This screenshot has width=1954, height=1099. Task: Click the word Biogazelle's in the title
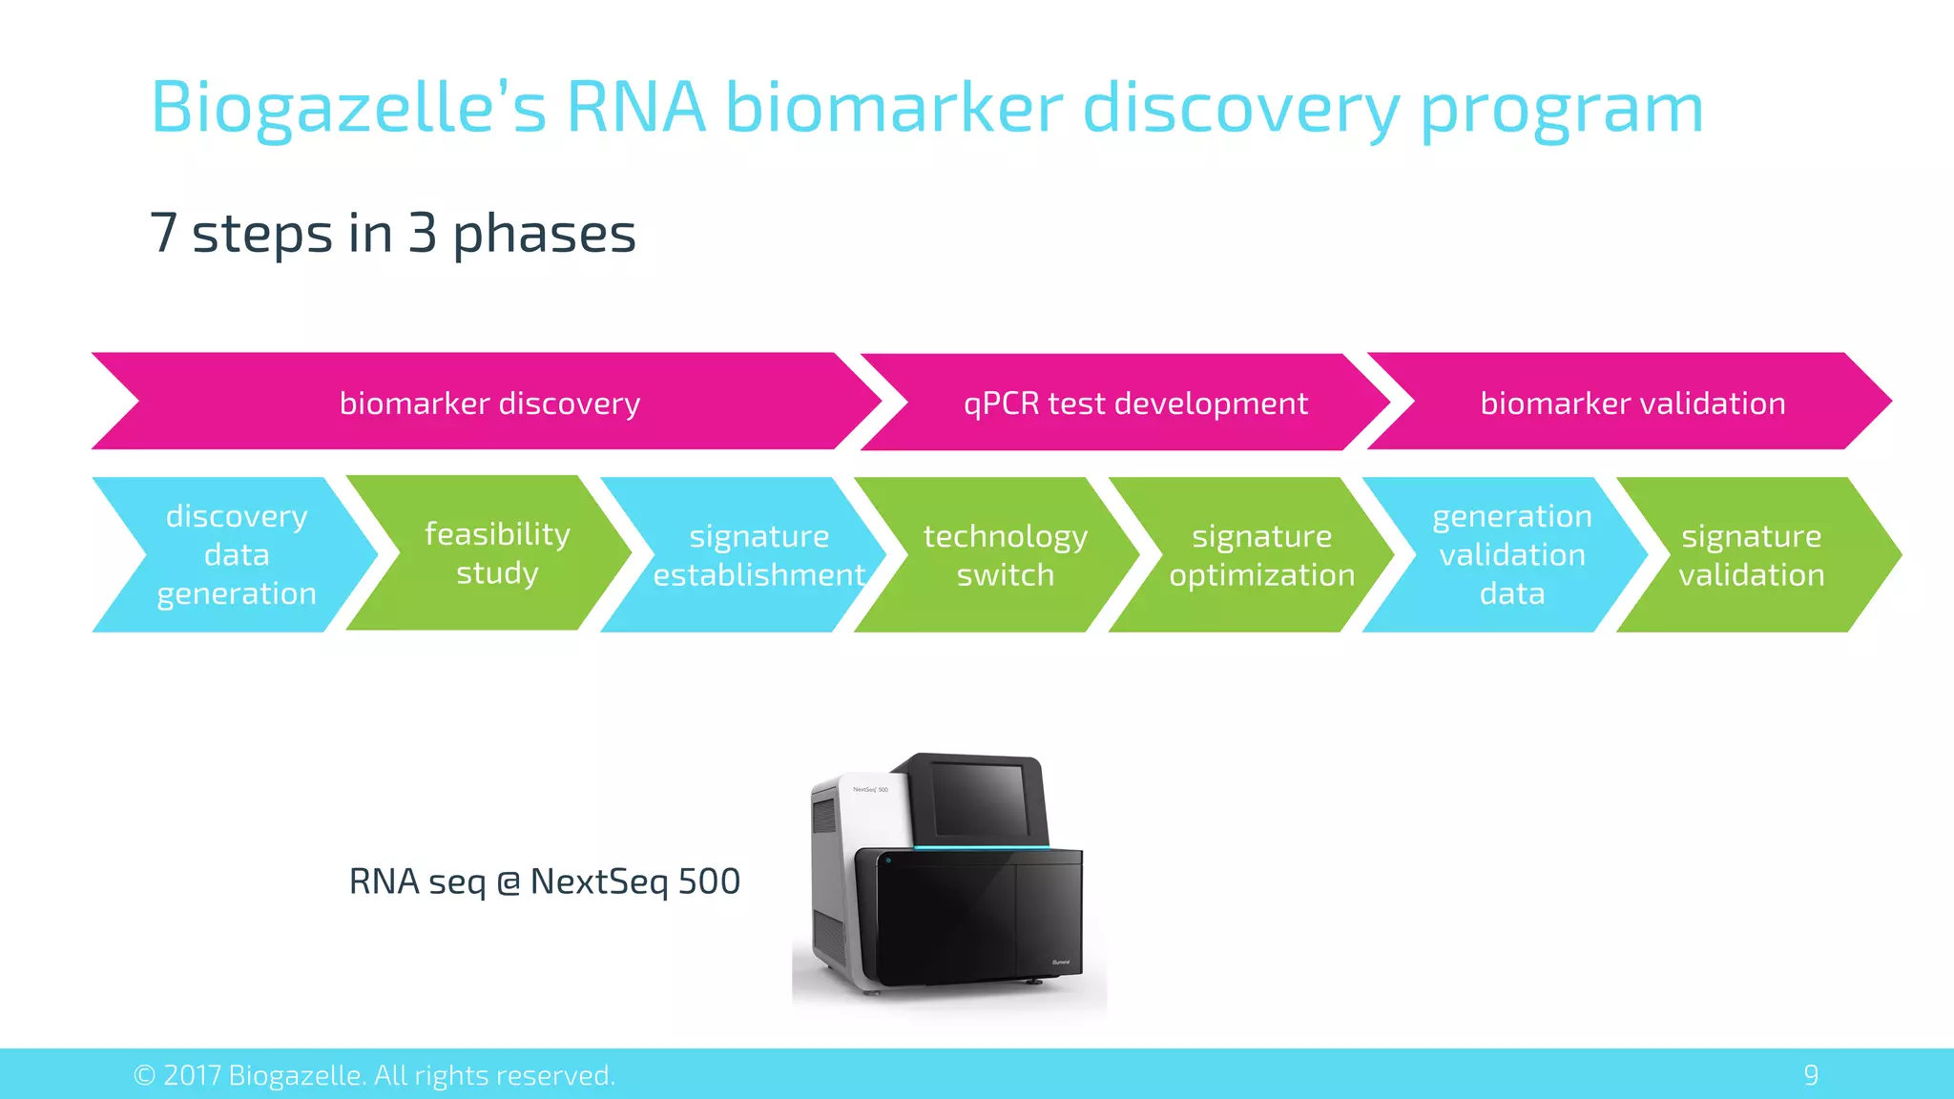(x=348, y=107)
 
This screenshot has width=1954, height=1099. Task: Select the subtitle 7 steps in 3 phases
(x=392, y=234)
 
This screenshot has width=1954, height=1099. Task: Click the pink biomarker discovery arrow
(x=488, y=403)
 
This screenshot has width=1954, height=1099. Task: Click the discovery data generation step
(x=236, y=555)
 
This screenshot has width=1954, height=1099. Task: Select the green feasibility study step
(x=496, y=553)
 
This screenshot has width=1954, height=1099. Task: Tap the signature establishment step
(x=759, y=555)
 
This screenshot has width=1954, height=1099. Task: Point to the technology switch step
(x=1005, y=555)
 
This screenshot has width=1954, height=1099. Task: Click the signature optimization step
(x=1261, y=555)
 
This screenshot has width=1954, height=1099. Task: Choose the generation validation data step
(x=1511, y=555)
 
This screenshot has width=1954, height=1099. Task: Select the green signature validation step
(x=1751, y=555)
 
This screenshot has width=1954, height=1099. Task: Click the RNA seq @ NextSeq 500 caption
(x=544, y=881)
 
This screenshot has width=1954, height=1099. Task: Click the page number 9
(x=1810, y=1075)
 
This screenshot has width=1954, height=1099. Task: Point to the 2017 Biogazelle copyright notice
(x=374, y=1075)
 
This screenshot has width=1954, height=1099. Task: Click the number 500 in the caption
(x=708, y=881)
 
